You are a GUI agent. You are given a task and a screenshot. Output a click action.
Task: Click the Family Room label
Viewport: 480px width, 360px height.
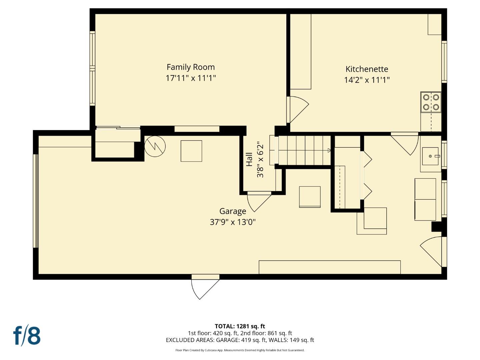(x=190, y=67)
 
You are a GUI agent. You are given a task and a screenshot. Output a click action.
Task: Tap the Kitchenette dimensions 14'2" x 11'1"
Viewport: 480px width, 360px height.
(x=367, y=80)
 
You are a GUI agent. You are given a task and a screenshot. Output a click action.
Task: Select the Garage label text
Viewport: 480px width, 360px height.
(x=233, y=211)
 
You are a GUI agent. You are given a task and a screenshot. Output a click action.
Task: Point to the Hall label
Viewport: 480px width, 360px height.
(x=249, y=160)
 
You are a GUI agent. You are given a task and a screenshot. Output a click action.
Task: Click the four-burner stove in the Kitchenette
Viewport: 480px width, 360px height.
(x=431, y=102)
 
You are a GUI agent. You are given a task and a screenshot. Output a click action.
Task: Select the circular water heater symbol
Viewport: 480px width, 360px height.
(x=155, y=146)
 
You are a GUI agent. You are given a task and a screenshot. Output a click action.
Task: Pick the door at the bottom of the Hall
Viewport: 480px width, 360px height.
(x=258, y=201)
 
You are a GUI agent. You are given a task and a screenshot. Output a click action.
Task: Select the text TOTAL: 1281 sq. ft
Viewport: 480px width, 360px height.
(x=240, y=326)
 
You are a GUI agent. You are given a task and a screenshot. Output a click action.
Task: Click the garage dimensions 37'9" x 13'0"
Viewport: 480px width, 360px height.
(x=233, y=222)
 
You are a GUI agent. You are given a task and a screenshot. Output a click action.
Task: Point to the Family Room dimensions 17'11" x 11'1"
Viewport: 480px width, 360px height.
(x=191, y=78)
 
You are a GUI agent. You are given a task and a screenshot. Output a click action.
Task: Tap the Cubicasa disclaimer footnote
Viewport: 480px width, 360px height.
(x=240, y=350)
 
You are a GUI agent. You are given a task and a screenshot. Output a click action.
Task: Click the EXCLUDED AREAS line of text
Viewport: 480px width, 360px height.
(x=240, y=340)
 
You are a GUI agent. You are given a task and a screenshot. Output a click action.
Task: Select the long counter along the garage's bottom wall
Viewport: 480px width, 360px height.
(x=329, y=267)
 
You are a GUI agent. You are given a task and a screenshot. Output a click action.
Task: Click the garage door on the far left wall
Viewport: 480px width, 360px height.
(x=36, y=201)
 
